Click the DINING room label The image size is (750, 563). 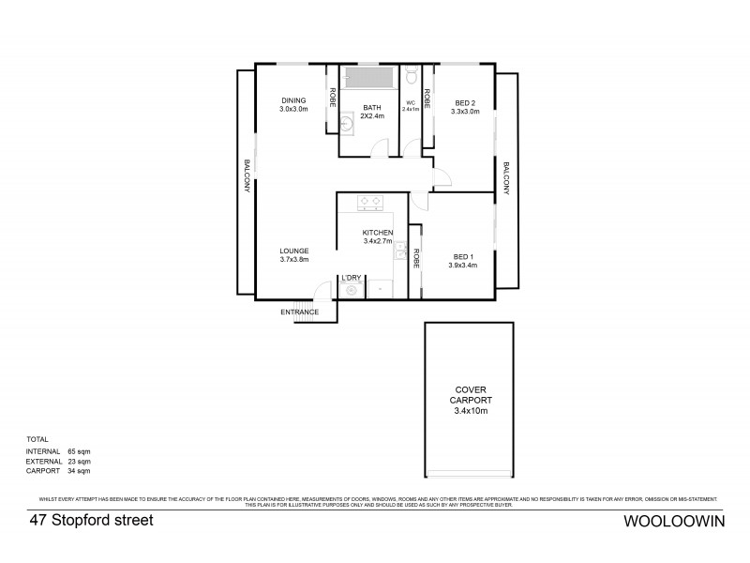pos(293,100)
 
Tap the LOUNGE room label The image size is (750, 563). pos(293,251)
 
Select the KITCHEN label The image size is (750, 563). pos(378,232)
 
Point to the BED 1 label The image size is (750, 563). pos(464,255)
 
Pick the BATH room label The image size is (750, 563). pos(372,109)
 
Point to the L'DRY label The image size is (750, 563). pos(352,278)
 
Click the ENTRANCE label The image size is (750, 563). pos(300,312)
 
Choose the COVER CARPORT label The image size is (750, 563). pos(471,394)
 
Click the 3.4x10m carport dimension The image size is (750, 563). pos(471,411)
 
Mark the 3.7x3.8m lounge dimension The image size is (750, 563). pos(293,260)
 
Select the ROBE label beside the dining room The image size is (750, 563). pos(332,98)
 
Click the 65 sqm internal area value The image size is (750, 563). pos(79,451)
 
